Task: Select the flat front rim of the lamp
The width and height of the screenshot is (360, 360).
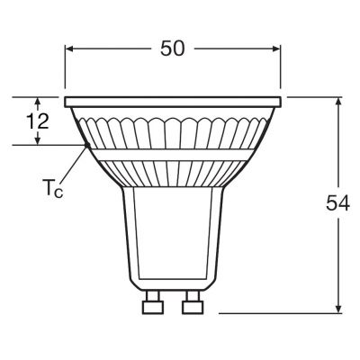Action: pos(173,97)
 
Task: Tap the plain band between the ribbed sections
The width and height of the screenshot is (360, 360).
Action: pos(173,157)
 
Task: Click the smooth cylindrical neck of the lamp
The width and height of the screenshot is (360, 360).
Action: pos(171,243)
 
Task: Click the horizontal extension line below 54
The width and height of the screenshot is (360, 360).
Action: pos(279,313)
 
